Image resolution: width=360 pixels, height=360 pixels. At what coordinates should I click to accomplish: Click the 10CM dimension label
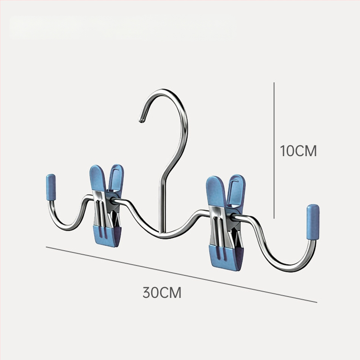(298, 151)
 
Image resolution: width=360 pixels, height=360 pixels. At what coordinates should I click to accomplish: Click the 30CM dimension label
(162, 292)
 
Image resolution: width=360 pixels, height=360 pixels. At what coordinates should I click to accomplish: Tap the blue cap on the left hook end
(51, 187)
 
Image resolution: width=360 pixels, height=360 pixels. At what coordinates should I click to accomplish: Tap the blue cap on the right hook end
(313, 222)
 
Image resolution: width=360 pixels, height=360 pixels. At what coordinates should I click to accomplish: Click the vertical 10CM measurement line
(274, 150)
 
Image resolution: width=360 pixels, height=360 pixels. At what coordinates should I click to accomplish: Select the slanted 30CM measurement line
(181, 274)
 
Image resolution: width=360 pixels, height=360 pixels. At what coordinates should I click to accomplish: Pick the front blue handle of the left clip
(98, 178)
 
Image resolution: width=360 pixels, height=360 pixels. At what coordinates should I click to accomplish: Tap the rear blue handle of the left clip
(116, 177)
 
